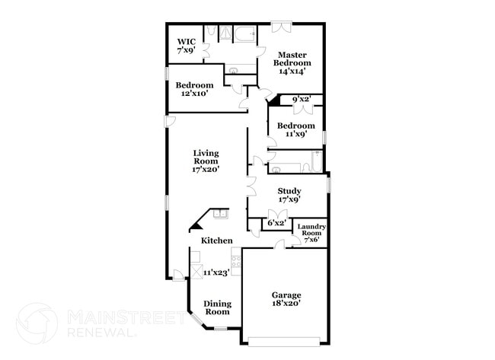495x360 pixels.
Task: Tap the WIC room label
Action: tap(187, 41)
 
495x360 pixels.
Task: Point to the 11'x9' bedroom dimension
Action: tap(295, 134)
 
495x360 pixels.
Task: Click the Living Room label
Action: tap(206, 157)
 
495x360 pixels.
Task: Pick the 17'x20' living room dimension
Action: tap(206, 170)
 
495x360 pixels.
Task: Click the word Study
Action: tap(289, 191)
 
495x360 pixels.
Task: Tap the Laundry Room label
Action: tap(311, 230)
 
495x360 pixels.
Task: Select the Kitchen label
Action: tap(216, 241)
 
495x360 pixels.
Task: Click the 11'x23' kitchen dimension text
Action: tap(216, 272)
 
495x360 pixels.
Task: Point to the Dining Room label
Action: tap(217, 307)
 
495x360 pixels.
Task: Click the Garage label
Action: tap(286, 295)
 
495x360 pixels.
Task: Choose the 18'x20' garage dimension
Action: tap(286, 303)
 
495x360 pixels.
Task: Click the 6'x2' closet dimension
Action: tap(276, 223)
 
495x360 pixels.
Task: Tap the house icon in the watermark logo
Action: tap(37, 323)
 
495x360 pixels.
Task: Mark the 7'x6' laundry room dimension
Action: tap(311, 241)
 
